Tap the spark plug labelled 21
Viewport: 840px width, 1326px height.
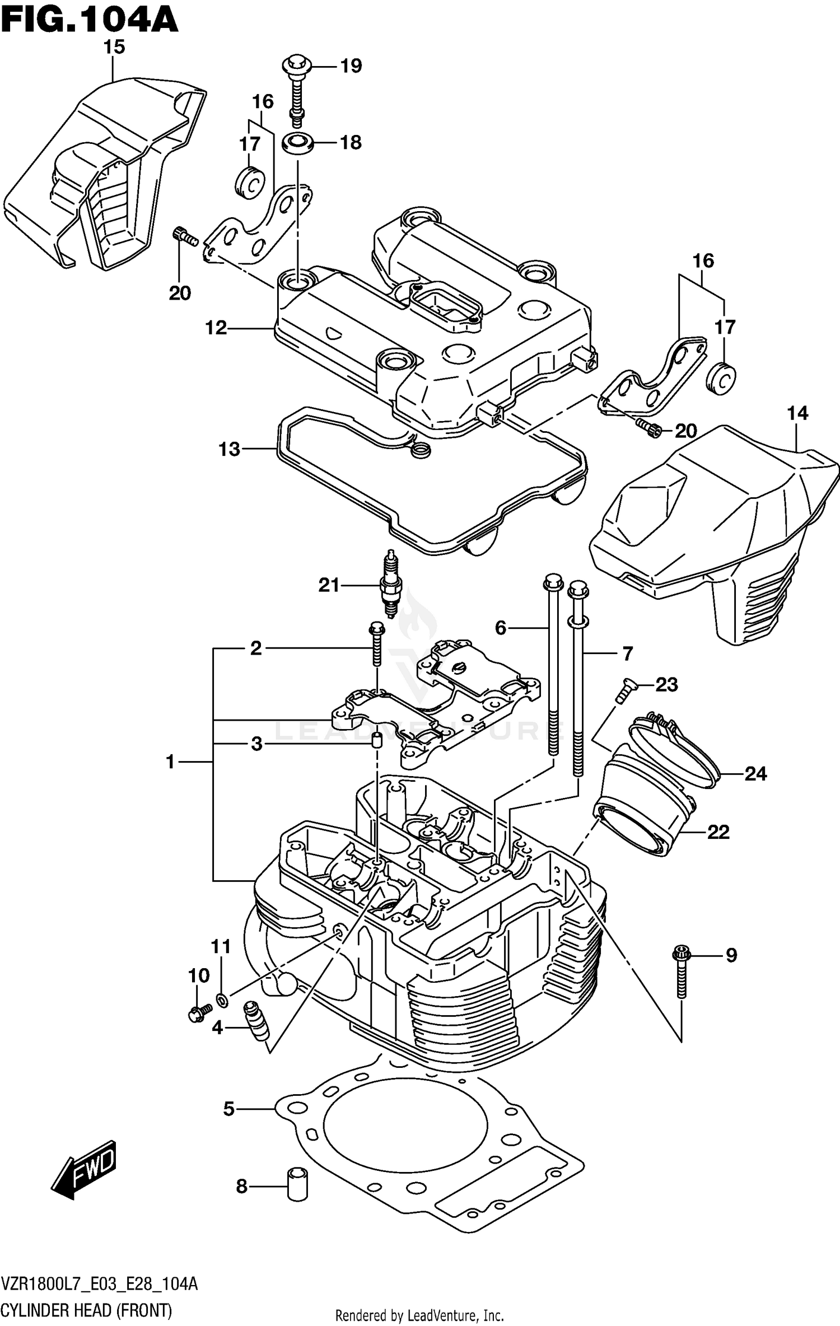tap(390, 584)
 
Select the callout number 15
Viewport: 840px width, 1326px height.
tap(114, 48)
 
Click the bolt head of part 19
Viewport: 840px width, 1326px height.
tap(297, 65)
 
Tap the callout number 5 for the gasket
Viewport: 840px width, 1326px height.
tap(228, 1109)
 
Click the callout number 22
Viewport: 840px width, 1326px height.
tap(718, 832)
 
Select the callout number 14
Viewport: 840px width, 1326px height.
tap(797, 413)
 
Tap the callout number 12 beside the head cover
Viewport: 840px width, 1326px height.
tap(216, 328)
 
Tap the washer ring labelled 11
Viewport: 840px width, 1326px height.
tap(222, 998)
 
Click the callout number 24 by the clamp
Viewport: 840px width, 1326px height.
tap(755, 774)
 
